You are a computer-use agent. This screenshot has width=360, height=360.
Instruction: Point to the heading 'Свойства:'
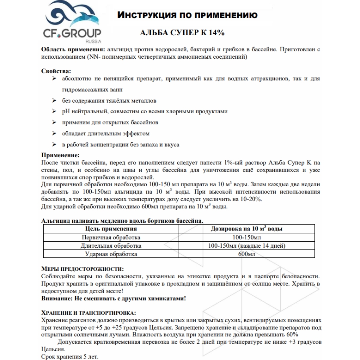(56, 71)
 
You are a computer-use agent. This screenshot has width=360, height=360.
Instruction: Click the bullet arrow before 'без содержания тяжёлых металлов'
(54, 100)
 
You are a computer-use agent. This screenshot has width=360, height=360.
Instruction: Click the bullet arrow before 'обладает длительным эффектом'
(54, 133)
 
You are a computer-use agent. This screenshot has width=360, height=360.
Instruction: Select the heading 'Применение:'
(60, 155)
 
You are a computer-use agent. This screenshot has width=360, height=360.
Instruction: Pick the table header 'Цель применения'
(111, 229)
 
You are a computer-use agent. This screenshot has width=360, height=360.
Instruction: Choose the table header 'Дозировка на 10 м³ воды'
(247, 229)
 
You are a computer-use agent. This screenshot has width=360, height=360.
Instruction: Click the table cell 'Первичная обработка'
(111, 237)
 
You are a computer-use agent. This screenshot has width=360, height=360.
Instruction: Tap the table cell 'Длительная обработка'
(111, 246)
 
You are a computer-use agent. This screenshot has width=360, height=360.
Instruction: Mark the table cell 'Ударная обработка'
(111, 254)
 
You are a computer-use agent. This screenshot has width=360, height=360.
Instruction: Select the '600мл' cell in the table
(247, 254)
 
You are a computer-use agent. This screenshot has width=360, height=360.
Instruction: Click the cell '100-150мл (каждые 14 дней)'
(247, 246)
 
